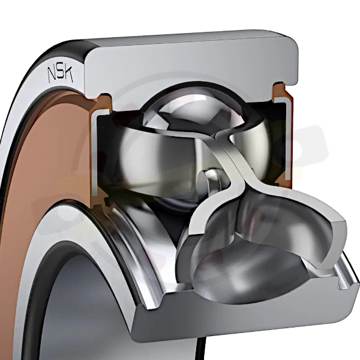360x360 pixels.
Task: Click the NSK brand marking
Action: (x=60, y=74)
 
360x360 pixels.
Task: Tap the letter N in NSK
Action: (x=52, y=76)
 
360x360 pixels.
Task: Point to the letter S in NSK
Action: (x=60, y=74)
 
